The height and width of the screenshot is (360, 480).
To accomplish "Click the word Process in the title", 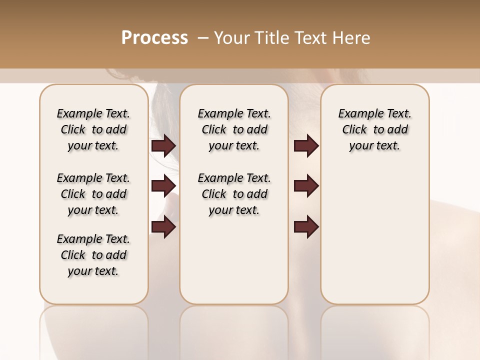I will point(154,37).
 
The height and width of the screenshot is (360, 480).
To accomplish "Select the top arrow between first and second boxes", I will point(163,146).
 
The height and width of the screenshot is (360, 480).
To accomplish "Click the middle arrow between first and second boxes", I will point(163,186).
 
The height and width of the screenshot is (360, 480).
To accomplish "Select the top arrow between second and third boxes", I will point(306,146).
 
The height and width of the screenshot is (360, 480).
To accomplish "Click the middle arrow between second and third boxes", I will point(306,186).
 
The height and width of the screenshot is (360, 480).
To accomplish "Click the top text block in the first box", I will point(93,129).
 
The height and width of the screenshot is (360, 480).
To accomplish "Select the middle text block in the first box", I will point(93,194).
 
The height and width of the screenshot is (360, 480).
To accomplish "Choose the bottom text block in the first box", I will point(93,255).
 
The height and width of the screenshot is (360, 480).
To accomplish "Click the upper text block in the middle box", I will point(234,129).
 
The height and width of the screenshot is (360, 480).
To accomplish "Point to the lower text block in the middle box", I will point(234,194).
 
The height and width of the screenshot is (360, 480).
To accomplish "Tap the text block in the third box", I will point(374,129).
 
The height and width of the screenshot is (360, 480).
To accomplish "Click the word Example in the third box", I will point(357,114).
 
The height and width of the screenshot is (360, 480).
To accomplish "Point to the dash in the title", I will point(202,38).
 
